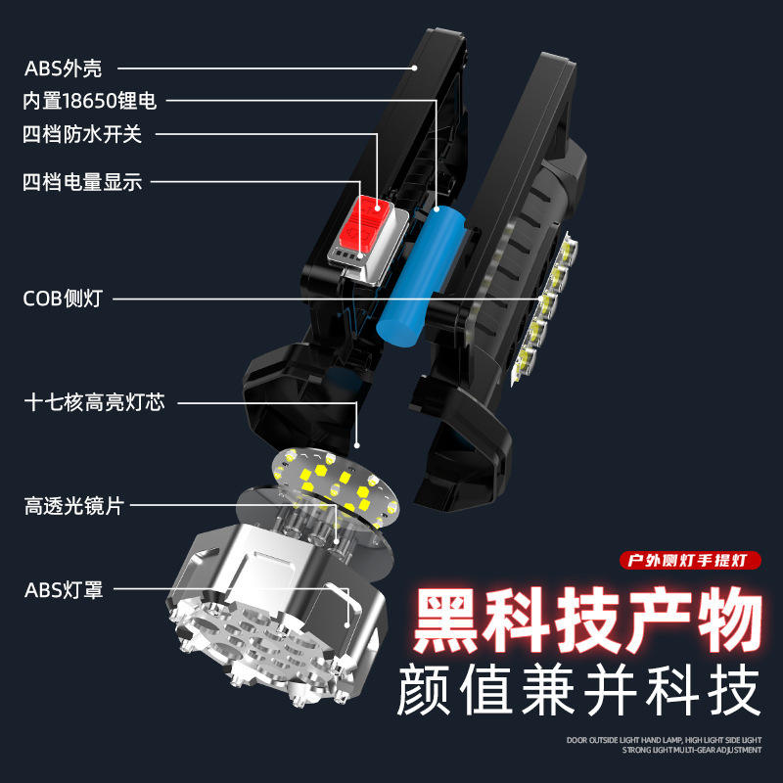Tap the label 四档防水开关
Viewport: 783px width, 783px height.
[82, 134]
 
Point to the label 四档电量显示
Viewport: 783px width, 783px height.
[82, 182]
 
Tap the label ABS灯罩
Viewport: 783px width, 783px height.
[63, 590]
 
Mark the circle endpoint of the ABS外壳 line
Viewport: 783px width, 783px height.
[415, 69]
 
